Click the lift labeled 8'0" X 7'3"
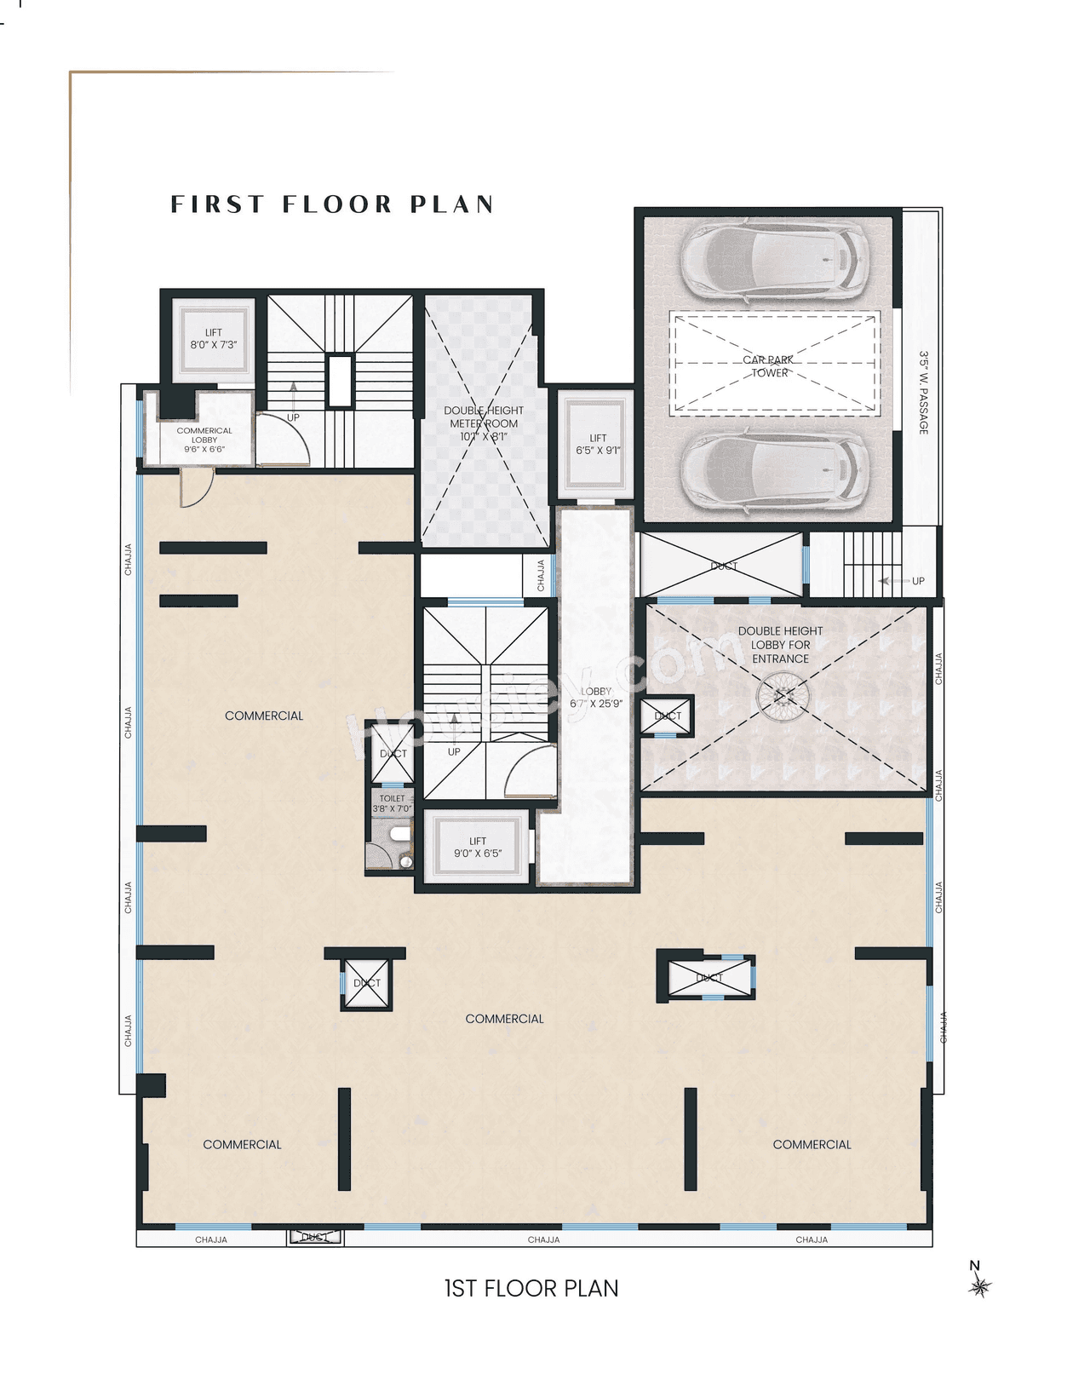213,339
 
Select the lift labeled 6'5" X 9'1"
598,444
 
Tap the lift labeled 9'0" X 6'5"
478,847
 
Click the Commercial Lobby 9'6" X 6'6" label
204,440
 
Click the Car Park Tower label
769,366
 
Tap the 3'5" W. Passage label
923,393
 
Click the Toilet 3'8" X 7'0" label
392,803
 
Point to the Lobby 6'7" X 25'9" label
596,697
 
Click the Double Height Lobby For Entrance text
780,645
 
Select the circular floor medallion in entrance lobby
783,697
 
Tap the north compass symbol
979,1285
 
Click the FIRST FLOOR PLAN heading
332,204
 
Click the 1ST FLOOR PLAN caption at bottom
531,1288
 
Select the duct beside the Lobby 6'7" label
668,716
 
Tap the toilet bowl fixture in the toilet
399,835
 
